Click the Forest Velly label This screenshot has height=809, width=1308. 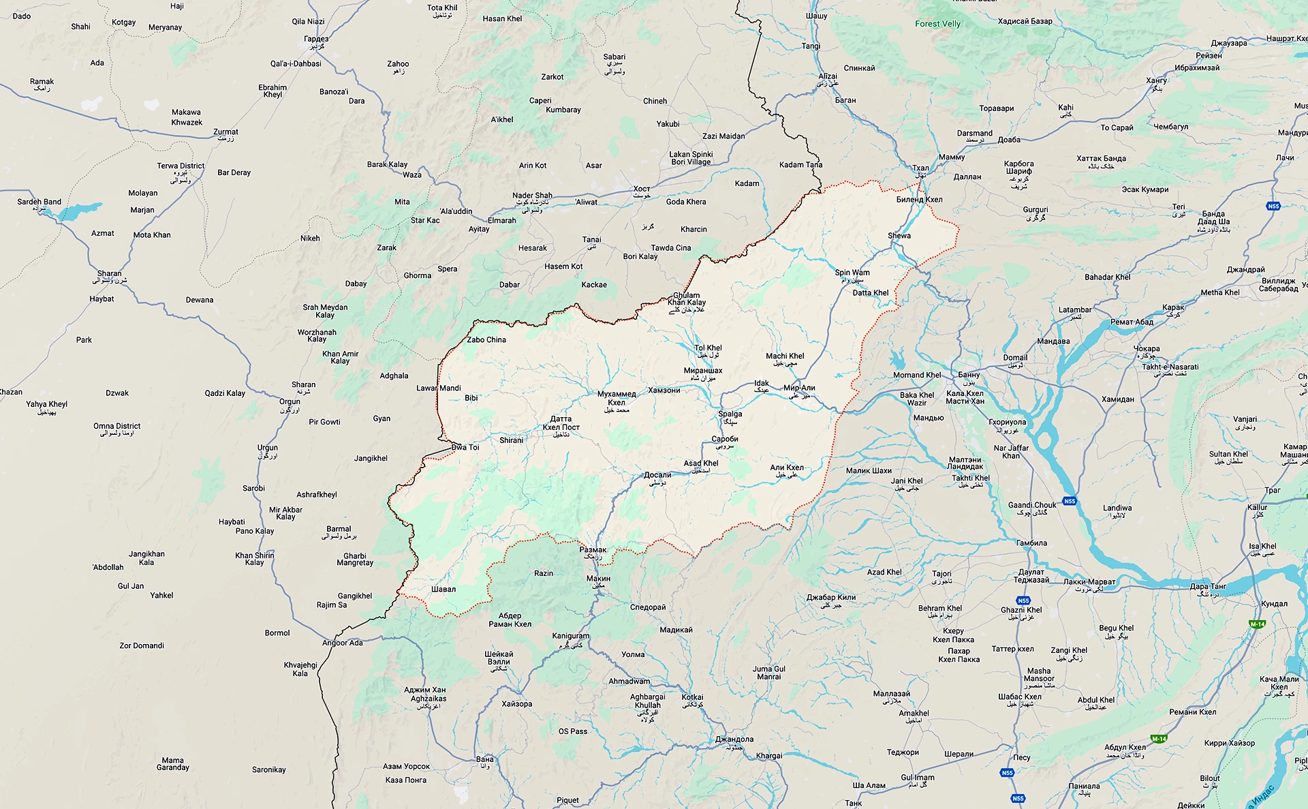coord(937,24)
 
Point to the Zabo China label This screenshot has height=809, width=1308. coord(486,339)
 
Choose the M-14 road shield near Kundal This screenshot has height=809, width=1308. coord(1257,624)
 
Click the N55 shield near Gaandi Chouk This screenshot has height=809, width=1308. coord(1070,501)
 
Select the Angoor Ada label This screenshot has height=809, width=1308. coord(342,643)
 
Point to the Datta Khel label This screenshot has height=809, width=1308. coord(871,293)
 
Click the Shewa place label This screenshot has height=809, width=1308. coord(899,236)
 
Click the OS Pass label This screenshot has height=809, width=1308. coord(573,731)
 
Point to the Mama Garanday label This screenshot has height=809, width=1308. coord(173,763)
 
